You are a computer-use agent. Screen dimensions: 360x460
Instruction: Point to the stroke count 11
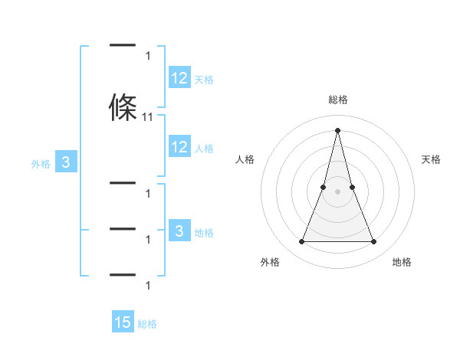pos(148,117)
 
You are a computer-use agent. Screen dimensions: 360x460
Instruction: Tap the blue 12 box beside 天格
pos(179,79)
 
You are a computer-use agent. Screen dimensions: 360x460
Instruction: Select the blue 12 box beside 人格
pos(179,148)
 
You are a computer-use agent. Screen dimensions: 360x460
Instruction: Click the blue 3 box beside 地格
pos(179,232)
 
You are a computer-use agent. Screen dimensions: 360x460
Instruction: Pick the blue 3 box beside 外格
pos(66,162)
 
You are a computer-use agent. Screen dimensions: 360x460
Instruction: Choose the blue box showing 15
pos(123,323)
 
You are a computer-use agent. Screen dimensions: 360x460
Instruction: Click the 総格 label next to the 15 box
pos(147,324)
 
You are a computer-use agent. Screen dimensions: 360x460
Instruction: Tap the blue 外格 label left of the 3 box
pos(41,163)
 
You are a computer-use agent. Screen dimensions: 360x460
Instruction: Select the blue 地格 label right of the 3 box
pos(205,233)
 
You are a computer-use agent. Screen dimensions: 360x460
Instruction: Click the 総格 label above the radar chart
pos(338,100)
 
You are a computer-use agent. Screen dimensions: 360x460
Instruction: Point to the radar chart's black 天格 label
pos(432,159)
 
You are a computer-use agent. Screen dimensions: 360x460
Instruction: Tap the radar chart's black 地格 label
pos(402,262)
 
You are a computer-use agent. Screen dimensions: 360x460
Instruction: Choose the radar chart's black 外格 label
pos(270,262)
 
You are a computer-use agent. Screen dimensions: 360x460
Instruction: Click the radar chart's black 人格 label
pos(245,159)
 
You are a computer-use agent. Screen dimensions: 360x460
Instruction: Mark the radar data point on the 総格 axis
pos(338,129)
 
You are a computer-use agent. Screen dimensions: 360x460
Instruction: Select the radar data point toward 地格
pos(374,242)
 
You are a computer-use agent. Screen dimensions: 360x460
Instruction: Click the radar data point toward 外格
pos(301,242)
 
